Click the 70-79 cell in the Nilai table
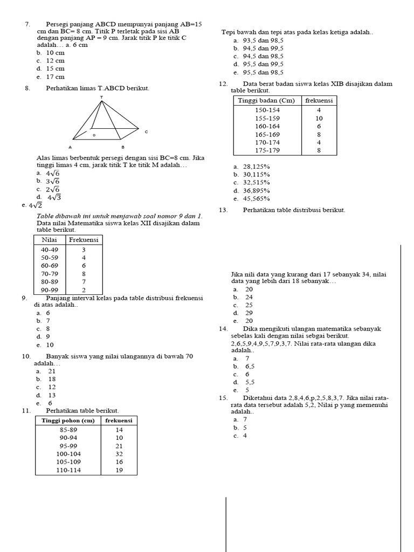[50, 273]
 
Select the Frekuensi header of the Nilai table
[84, 239]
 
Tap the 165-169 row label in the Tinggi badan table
[267, 134]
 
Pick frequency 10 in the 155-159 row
[319, 118]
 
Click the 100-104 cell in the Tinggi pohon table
[68, 454]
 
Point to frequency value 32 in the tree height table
[119, 454]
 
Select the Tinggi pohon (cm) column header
[68, 420]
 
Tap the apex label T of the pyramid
[101, 98]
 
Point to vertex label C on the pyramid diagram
[146, 132]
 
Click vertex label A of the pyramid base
[70, 147]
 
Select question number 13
[223, 210]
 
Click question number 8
[27, 88]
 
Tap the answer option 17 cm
[54, 77]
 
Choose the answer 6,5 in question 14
[250, 366]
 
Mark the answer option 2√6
[52, 189]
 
